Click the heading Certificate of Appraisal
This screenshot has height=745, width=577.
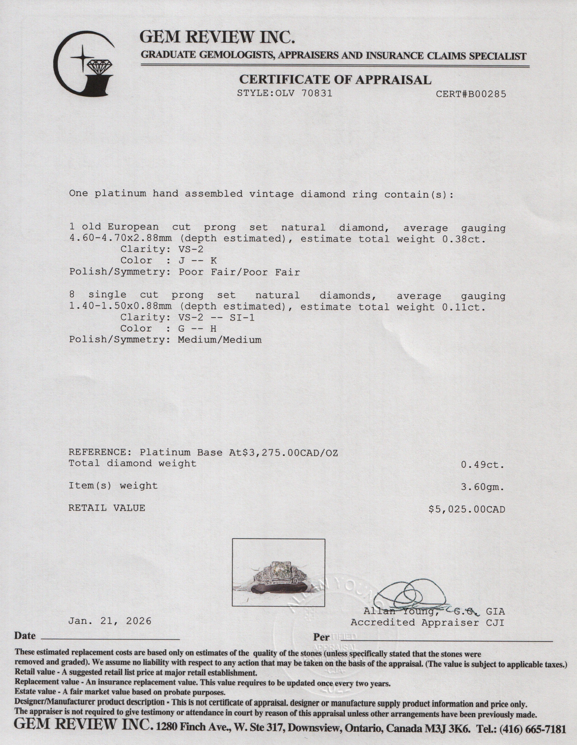tap(335, 80)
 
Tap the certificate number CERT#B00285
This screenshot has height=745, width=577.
tap(471, 94)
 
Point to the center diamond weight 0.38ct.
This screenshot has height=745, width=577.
tap(463, 239)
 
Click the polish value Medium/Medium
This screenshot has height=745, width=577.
tap(220, 340)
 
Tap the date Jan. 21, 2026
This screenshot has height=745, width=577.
tap(110, 621)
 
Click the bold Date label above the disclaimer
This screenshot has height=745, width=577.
tap(25, 636)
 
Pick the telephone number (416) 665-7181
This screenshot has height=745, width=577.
tap(533, 729)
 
